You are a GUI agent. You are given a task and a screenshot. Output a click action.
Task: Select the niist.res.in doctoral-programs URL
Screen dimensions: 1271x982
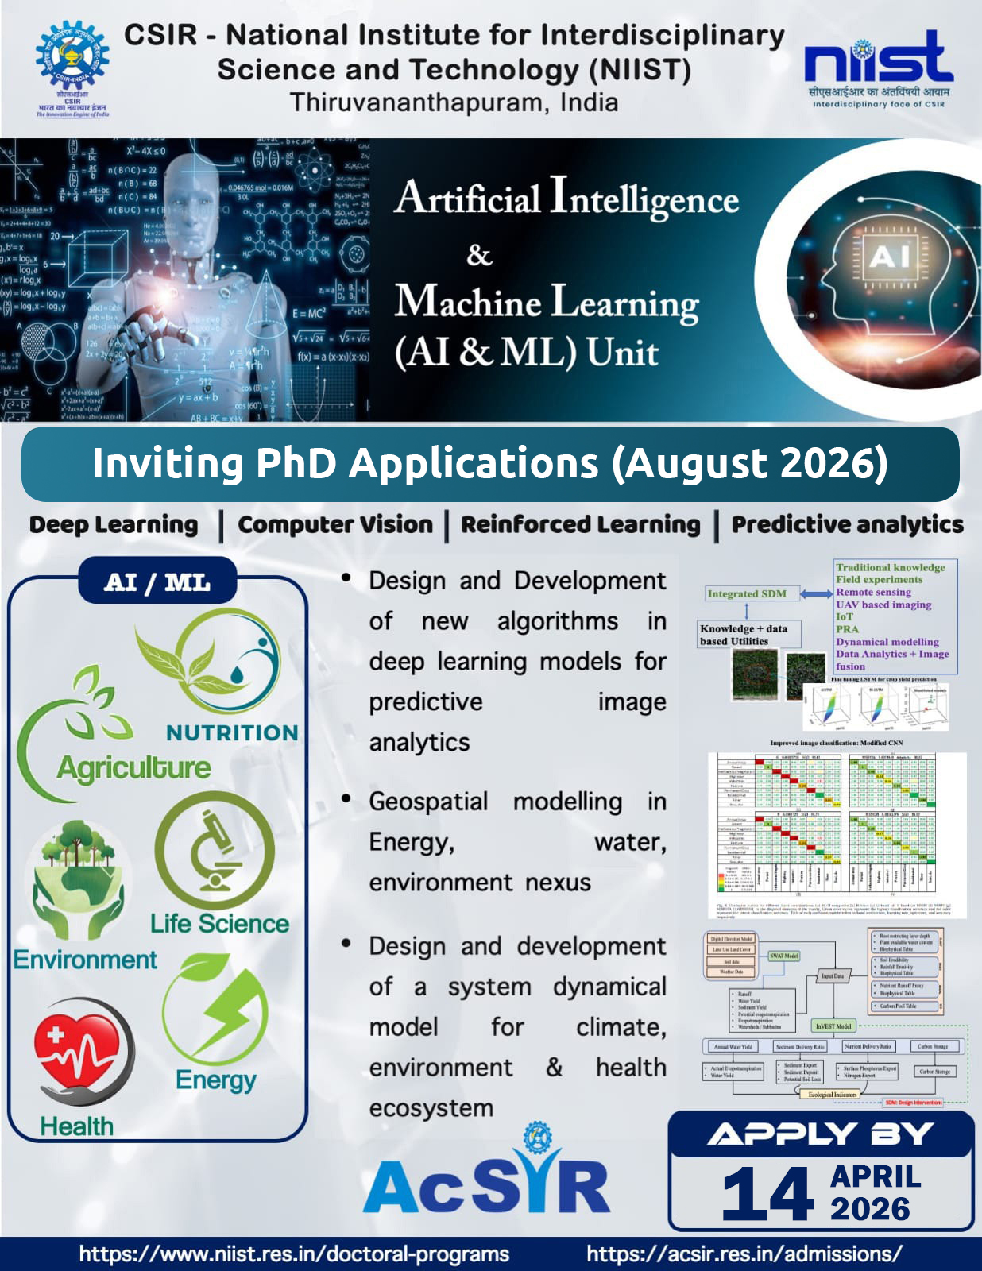click(294, 1254)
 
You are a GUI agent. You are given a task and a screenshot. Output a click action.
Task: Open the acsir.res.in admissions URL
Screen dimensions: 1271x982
click(744, 1254)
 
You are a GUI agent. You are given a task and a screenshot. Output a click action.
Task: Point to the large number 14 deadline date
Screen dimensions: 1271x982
click(767, 1194)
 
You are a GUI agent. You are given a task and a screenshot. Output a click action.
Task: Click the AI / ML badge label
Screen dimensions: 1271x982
click(157, 582)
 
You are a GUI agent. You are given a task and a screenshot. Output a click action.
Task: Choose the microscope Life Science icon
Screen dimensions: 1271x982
click(215, 852)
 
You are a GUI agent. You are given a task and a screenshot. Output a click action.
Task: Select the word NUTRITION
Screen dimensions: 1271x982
click(232, 732)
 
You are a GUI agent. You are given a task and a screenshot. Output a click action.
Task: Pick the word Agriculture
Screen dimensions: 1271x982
click(133, 767)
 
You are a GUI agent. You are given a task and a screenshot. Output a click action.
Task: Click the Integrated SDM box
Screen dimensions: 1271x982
click(747, 593)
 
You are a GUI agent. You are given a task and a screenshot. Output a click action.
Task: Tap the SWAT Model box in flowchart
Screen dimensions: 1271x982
click(783, 956)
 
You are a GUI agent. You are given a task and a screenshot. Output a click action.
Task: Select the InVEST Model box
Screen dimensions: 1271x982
click(833, 1026)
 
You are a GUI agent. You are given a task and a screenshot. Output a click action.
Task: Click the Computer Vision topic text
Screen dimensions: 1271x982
click(335, 525)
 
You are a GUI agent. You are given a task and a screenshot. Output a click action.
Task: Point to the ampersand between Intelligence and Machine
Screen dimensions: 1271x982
click(479, 256)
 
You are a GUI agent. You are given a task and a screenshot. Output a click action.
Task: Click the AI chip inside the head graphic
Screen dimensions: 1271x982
click(889, 256)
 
